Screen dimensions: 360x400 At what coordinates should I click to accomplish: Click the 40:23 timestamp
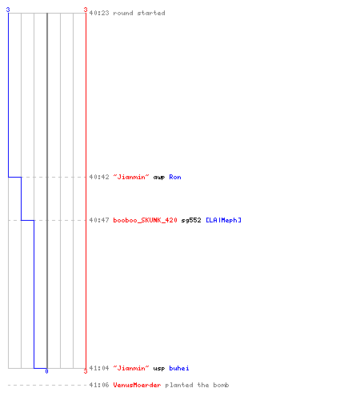pyautogui.click(x=99, y=13)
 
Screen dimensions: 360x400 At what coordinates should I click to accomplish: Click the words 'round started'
pyautogui.click(x=139, y=13)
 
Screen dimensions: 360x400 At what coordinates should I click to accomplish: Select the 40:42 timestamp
pyautogui.click(x=99, y=177)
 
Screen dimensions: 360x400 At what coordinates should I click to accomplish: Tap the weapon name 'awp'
pyautogui.click(x=159, y=178)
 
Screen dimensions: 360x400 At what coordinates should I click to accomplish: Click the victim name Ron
pyautogui.click(x=175, y=177)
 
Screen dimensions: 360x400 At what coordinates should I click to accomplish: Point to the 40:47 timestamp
pyautogui.click(x=99, y=220)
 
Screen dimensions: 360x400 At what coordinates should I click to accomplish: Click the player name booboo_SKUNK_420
pyautogui.click(x=146, y=220)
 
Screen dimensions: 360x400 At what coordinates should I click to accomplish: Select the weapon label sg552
pyautogui.click(x=191, y=221)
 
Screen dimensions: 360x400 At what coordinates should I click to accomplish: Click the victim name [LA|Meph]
pyautogui.click(x=223, y=220)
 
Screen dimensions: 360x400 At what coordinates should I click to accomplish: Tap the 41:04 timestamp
pyautogui.click(x=99, y=368)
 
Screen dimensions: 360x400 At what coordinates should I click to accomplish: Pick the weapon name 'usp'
pyautogui.click(x=159, y=369)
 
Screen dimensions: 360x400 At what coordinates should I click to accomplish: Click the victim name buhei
pyautogui.click(x=179, y=368)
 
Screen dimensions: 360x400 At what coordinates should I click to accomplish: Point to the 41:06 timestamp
pyautogui.click(x=99, y=385)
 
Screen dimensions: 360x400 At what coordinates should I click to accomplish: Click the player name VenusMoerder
pyautogui.click(x=137, y=385)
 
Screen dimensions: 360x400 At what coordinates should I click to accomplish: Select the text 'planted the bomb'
pyautogui.click(x=197, y=385)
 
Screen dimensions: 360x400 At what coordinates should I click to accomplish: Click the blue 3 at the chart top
pyautogui.click(x=8, y=10)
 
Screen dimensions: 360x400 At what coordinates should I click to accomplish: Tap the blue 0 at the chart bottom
pyautogui.click(x=46, y=371)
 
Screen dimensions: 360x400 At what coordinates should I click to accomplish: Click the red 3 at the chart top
pyautogui.click(x=86, y=10)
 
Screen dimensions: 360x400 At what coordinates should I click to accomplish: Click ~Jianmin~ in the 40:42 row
pyautogui.click(x=131, y=177)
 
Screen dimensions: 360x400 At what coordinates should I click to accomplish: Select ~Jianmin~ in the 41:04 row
pyautogui.click(x=131, y=368)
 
